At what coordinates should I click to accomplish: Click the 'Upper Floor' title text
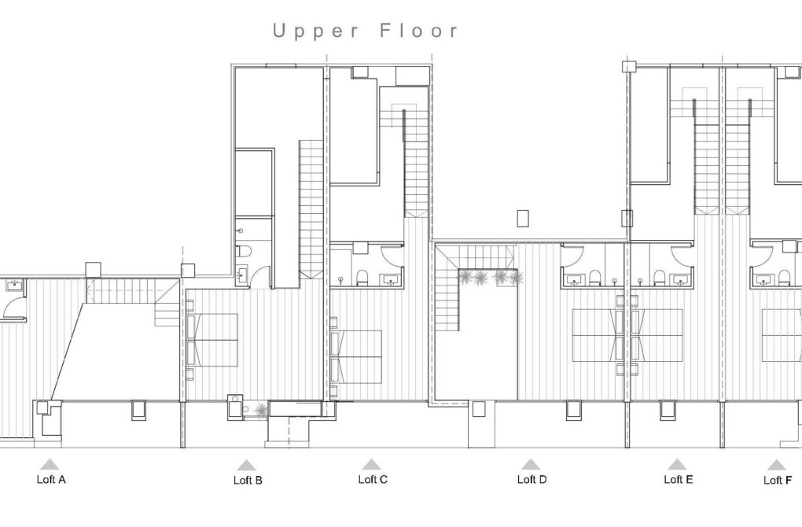click(366, 31)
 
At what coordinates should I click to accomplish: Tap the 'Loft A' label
click(51, 479)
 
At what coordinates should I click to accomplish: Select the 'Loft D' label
click(532, 479)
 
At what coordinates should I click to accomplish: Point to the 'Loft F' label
click(777, 480)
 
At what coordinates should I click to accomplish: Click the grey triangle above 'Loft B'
click(247, 465)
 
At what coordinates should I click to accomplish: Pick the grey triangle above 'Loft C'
click(372, 464)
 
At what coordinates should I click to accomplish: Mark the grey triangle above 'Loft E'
click(677, 464)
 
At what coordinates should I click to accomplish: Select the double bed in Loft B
click(214, 340)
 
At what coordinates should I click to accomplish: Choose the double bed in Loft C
click(359, 356)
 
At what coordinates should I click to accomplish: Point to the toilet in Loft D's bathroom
click(595, 277)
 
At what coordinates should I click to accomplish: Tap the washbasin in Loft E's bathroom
click(679, 278)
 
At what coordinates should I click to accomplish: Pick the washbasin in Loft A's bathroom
click(12, 282)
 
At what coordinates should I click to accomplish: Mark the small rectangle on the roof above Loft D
click(524, 218)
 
